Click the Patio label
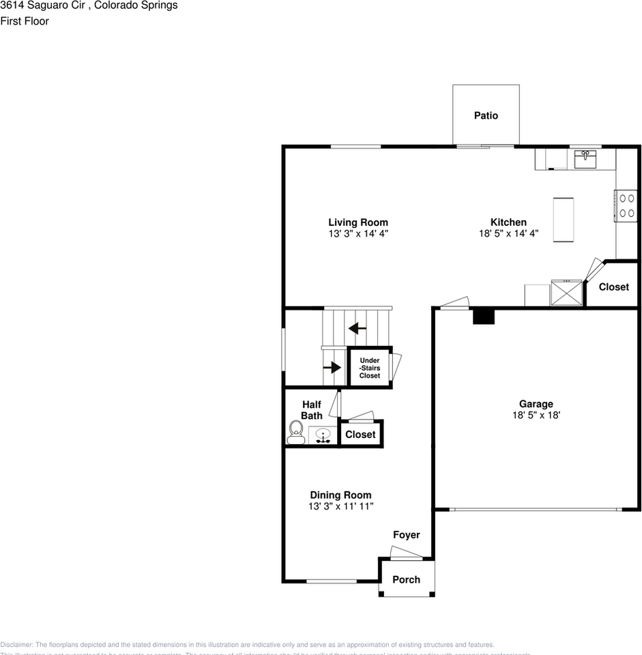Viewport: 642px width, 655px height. click(x=486, y=116)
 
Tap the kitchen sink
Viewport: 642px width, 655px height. click(x=585, y=160)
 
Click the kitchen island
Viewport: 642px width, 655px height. click(x=564, y=219)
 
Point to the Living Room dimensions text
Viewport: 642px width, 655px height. click(x=358, y=233)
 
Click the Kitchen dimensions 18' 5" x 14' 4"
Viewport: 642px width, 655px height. click(x=508, y=233)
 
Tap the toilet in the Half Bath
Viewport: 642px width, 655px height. click(x=296, y=433)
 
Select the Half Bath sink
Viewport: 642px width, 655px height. click(x=323, y=435)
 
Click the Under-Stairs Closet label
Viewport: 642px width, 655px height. click(x=370, y=368)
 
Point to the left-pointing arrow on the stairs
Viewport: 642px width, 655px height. click(x=358, y=328)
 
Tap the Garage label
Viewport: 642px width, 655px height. click(x=536, y=404)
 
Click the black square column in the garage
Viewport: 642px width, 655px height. click(x=483, y=316)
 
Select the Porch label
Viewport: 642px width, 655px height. click(x=407, y=580)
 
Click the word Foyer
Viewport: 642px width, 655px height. click(x=406, y=535)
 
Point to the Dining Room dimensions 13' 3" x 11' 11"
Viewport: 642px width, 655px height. click(x=340, y=506)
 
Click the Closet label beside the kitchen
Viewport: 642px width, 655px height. click(x=613, y=287)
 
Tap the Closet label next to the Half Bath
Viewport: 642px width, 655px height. click(x=360, y=435)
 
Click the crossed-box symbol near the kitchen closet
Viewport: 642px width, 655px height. click(x=567, y=293)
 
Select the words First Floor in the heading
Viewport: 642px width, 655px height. click(x=25, y=21)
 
